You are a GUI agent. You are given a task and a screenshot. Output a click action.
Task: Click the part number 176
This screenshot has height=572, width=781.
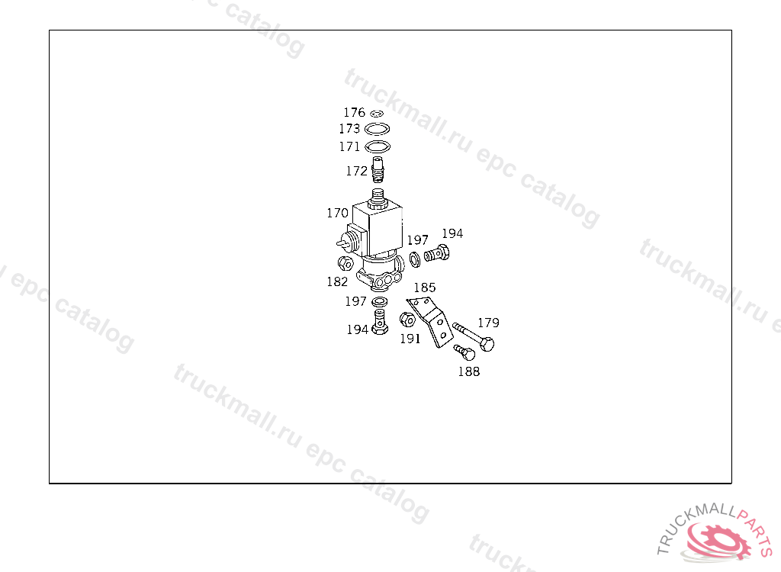click(x=353, y=113)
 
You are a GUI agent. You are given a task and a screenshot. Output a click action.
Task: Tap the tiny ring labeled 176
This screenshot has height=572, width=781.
click(x=377, y=114)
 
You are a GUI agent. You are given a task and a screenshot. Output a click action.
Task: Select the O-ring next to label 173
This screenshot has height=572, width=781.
click(x=378, y=129)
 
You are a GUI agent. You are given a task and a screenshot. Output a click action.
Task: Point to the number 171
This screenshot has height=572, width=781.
click(x=349, y=146)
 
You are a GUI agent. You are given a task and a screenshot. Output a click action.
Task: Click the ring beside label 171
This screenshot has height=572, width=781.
click(x=378, y=146)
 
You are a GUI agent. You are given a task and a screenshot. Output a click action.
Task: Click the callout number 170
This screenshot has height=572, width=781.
click(x=337, y=213)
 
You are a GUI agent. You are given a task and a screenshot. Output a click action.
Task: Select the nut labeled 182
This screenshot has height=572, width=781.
click(x=344, y=265)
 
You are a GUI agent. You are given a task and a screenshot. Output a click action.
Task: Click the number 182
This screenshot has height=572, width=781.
click(x=337, y=281)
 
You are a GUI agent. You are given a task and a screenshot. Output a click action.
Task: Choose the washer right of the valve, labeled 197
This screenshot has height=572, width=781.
click(x=414, y=259)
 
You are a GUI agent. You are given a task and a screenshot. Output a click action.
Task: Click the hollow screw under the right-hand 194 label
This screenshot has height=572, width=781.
click(x=437, y=253)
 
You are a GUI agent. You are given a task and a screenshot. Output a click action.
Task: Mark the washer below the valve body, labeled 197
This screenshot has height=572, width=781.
click(x=379, y=303)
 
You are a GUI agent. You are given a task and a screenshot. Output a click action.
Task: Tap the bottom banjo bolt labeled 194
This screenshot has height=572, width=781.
click(x=379, y=323)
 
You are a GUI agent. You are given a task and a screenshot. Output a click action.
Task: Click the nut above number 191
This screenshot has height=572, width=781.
click(x=408, y=320)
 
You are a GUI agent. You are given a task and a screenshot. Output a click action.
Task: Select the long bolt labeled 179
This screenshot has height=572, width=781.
click(x=474, y=336)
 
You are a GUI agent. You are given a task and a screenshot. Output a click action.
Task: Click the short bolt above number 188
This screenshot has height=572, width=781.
click(x=464, y=352)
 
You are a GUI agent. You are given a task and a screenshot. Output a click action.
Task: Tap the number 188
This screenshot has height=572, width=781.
click(x=468, y=371)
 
